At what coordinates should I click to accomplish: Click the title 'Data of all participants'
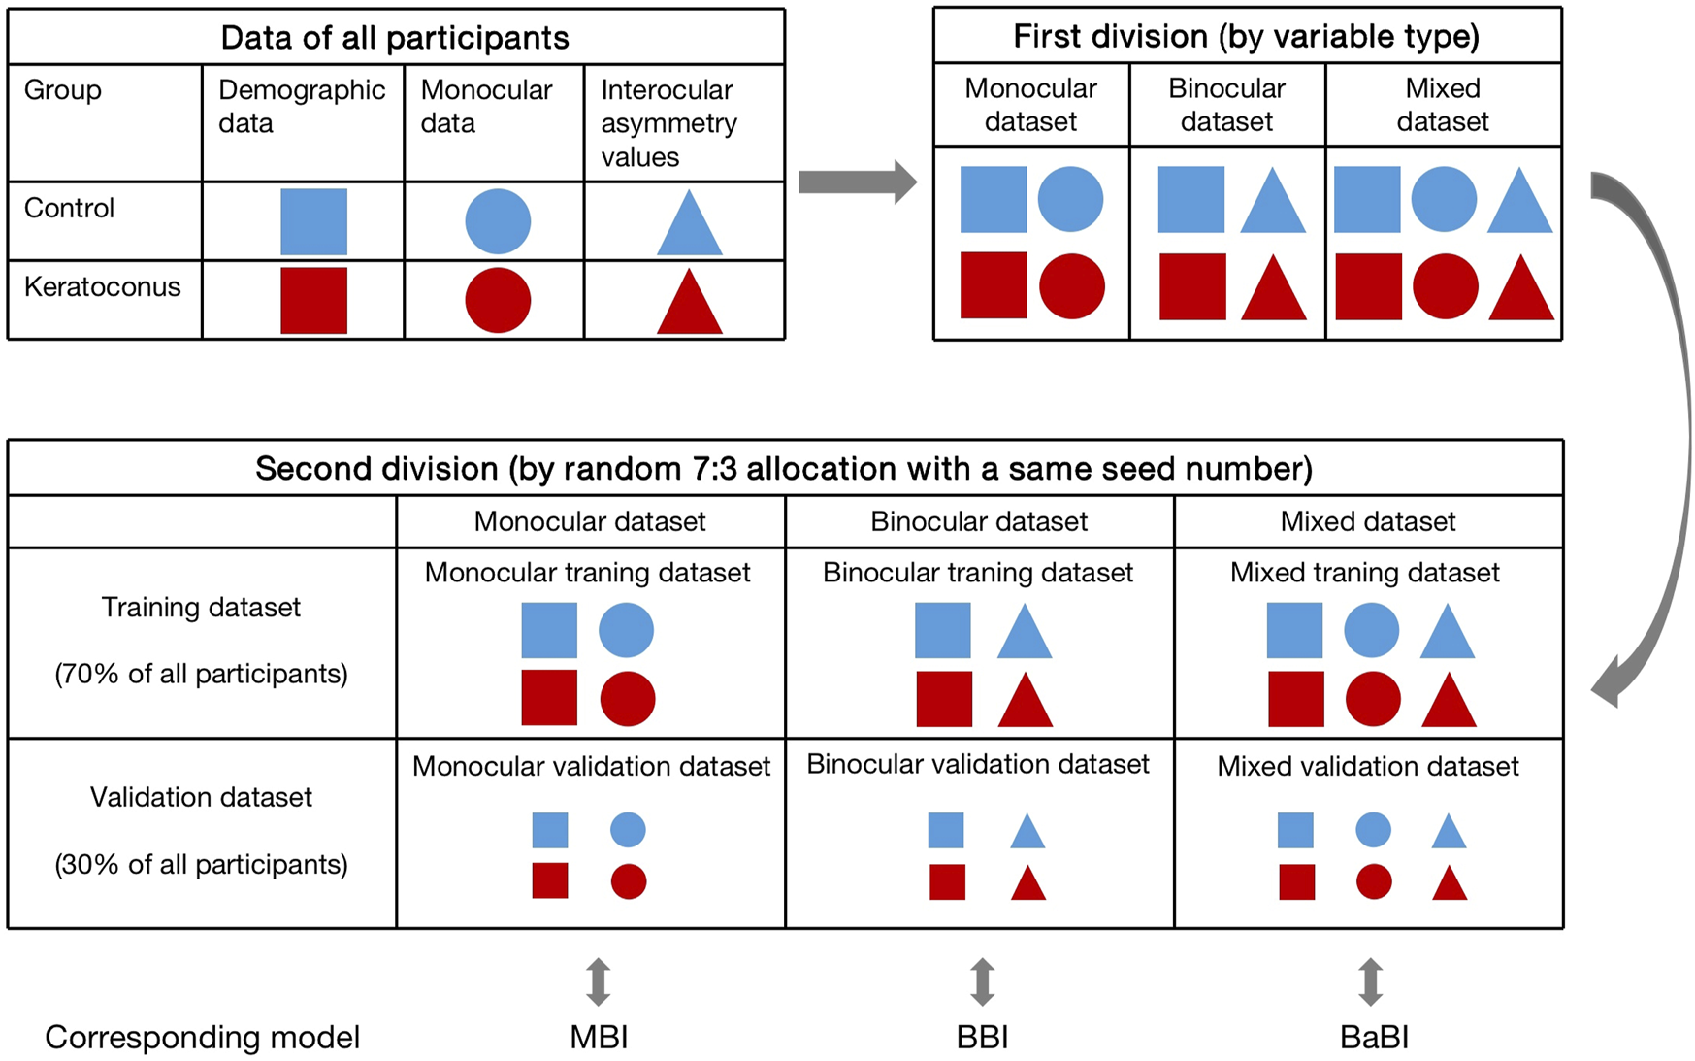395,38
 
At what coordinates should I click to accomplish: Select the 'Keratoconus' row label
102,287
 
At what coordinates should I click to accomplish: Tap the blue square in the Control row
313,222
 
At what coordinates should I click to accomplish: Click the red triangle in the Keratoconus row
689,304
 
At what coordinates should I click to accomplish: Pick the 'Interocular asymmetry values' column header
669,123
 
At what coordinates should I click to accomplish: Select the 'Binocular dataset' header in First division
1226,105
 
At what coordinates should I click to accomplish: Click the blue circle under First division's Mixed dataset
1444,199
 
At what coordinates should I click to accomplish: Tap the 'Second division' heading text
784,469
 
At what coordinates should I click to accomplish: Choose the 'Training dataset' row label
201,608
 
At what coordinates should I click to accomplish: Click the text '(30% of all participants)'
201,865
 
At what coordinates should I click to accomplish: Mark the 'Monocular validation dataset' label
591,767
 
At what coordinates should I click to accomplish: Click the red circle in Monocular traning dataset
628,699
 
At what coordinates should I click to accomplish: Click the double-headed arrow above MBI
599,981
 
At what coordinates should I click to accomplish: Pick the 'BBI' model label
982,1038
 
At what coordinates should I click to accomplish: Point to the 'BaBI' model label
1374,1038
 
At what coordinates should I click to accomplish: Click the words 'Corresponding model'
202,1038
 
